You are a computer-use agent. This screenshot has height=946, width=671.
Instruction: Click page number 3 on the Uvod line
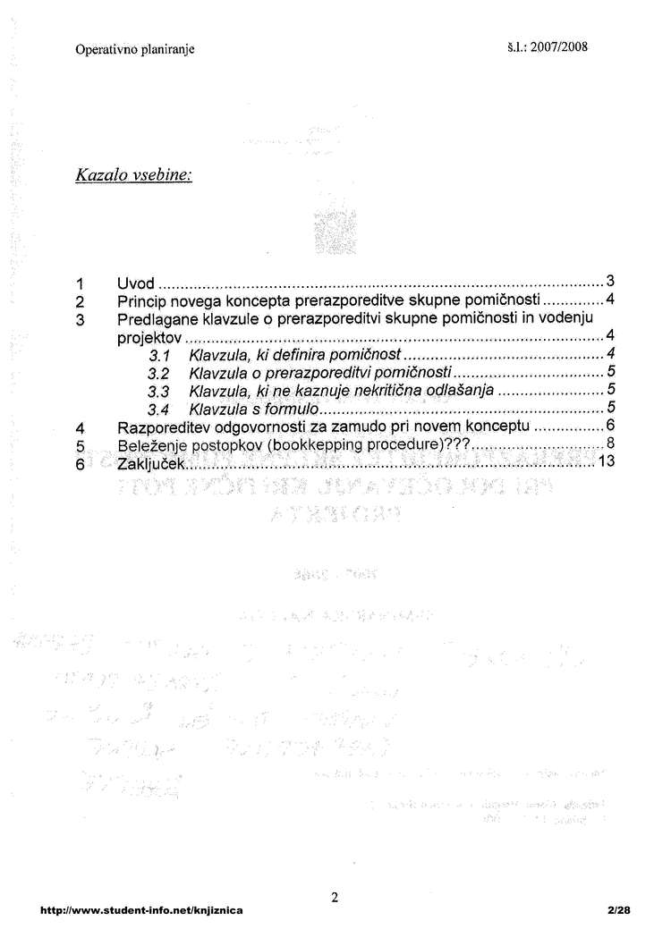(x=609, y=282)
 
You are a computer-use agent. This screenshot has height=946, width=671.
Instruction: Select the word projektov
(x=150, y=338)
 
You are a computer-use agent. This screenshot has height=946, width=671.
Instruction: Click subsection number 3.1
(x=159, y=357)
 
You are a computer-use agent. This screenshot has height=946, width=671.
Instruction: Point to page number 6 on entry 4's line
(x=609, y=426)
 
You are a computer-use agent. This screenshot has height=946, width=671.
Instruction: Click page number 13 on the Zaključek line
(x=607, y=461)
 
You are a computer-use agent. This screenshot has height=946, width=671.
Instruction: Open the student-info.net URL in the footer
(x=141, y=910)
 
